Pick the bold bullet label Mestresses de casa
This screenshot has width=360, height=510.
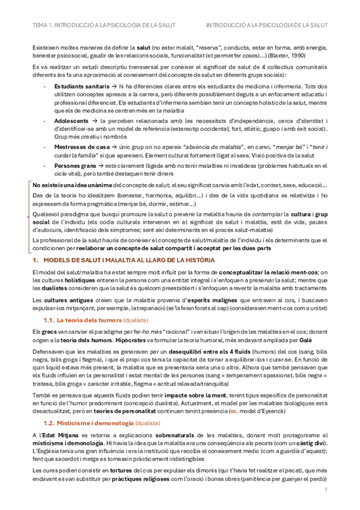tap(70, 146)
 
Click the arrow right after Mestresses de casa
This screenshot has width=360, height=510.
tap(100, 146)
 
